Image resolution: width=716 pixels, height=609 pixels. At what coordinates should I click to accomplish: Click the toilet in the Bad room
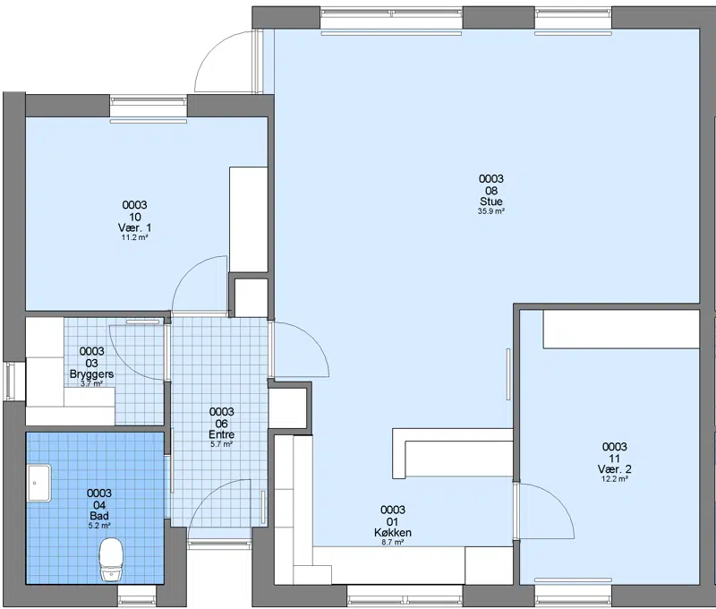[x=111, y=560]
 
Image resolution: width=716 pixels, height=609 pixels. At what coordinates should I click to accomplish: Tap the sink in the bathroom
[x=39, y=483]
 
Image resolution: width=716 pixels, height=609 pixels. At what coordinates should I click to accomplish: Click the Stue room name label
[x=490, y=202]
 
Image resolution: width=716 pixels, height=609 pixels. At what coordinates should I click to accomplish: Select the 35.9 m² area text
[x=490, y=211]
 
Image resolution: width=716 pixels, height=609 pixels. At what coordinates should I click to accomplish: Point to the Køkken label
[x=393, y=533]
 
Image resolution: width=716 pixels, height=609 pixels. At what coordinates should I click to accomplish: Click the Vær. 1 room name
[x=135, y=227]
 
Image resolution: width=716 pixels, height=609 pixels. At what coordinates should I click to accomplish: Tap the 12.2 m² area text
[x=614, y=479]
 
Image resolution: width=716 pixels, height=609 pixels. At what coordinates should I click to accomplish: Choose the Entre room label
[x=221, y=434]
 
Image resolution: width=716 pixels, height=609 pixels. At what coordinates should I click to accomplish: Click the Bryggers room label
[x=92, y=373]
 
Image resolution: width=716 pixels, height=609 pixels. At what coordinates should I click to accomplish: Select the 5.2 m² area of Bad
[x=99, y=526]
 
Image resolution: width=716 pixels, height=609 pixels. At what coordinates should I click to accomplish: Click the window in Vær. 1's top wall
[x=149, y=107]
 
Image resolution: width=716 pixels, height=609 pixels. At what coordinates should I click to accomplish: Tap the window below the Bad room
[x=137, y=596]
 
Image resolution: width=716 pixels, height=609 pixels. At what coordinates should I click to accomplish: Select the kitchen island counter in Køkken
[x=453, y=453]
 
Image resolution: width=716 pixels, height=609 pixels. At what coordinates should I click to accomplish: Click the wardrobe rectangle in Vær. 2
[x=621, y=329]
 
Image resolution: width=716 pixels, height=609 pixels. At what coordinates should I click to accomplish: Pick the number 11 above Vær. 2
[x=614, y=459]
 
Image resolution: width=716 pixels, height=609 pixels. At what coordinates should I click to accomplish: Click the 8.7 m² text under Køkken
[x=393, y=543]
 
